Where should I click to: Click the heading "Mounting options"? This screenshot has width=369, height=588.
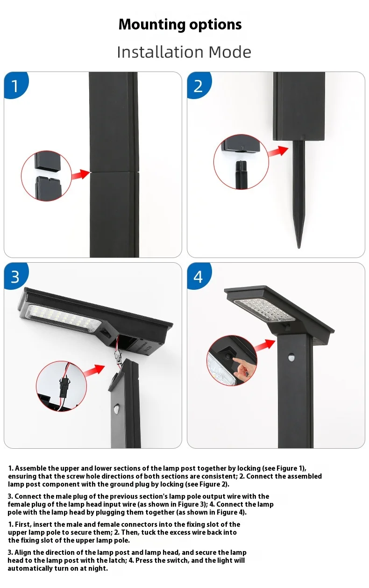pos(180,25)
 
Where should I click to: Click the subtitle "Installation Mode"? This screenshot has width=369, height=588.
pos(184,52)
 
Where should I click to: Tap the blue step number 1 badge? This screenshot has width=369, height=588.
pos(15,86)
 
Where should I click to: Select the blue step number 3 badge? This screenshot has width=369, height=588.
pos(15,276)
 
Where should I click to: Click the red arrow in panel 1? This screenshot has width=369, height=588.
pos(80,174)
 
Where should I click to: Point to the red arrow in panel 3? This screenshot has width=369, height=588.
pos(94,370)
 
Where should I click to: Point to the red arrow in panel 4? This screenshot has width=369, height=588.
pos(265,345)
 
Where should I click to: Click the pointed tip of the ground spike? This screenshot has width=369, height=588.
pos(299,247)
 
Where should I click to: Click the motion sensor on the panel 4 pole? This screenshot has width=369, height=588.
pos(291,358)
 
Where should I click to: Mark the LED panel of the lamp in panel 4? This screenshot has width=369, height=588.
pos(264,311)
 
